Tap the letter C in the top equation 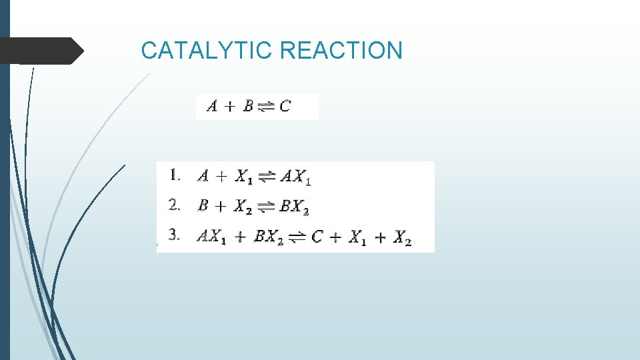point(285,106)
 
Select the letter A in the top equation point(212,106)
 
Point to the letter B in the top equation point(248,106)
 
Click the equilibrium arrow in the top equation point(266,107)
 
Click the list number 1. point(175,176)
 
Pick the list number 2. point(175,205)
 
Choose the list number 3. point(175,236)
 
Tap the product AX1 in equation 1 point(295,177)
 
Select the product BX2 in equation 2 point(294,207)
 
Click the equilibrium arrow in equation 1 point(266,177)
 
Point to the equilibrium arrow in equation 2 point(265,207)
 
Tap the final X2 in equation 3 point(402,238)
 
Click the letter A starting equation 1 point(203,177)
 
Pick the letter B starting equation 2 point(203,206)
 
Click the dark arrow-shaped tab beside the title point(41,51)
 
